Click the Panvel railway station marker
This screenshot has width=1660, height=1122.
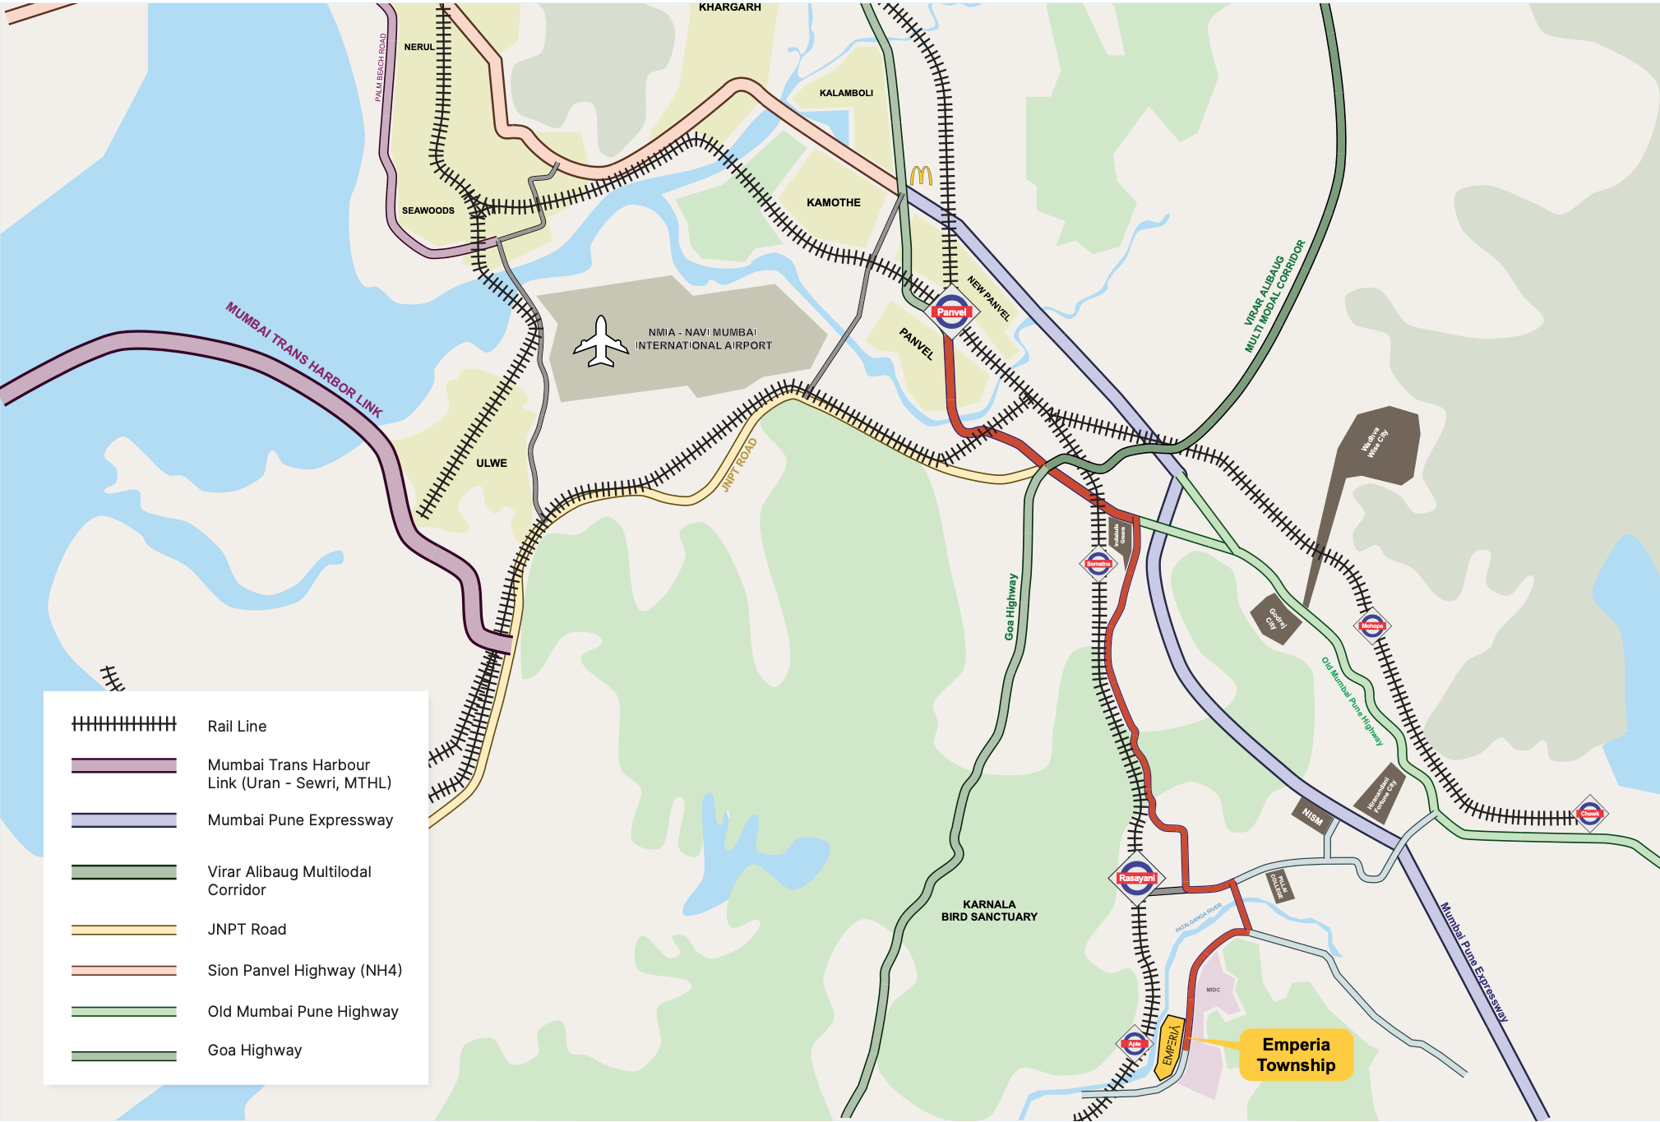pos(950,312)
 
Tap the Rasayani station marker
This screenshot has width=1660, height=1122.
pos(1136,878)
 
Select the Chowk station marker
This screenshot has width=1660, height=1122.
pos(1589,814)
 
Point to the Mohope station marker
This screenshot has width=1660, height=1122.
pos(1371,626)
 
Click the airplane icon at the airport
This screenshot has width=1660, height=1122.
pos(601,342)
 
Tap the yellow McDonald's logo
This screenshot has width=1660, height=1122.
pos(920,176)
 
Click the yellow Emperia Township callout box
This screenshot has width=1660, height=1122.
pos(1296,1055)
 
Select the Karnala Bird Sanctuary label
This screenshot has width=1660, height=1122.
pos(989,910)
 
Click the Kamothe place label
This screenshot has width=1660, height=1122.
pos(833,202)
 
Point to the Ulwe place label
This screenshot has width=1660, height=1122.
pos(492,463)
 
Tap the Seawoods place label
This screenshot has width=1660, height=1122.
pos(428,210)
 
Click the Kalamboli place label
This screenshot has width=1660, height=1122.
pos(846,93)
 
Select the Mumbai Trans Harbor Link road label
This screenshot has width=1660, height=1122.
pos(303,360)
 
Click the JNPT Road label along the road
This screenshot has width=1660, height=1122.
pos(738,465)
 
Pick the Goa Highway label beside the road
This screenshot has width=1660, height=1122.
pos(1010,607)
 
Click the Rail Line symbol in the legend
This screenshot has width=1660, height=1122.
pos(124,724)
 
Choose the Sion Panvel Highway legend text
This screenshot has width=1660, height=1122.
pos(304,970)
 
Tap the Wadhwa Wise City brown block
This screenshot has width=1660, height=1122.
pos(1377,444)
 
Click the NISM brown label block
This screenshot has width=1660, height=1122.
pos(1312,816)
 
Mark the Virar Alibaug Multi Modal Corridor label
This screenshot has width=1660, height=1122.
pos(1274,296)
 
